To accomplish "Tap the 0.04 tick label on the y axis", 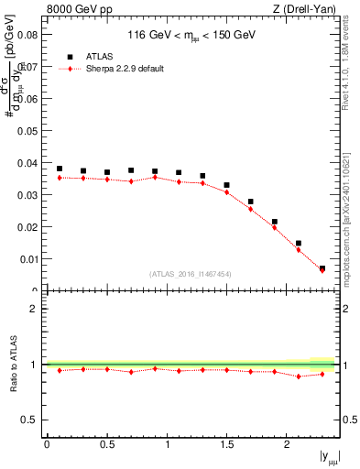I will pos(27,163).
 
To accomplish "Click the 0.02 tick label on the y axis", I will pos(27,227).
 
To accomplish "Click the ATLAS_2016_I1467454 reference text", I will pos(191,274).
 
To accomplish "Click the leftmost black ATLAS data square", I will pos(60,169).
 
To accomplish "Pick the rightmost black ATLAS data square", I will pos(322,268).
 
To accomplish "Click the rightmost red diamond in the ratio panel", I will pos(322,374).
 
